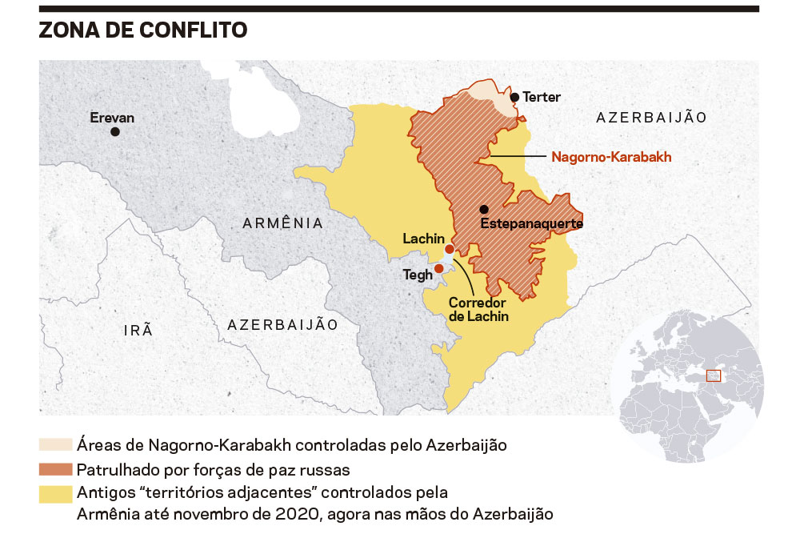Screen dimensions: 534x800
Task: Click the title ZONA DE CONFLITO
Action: pyautogui.click(x=143, y=30)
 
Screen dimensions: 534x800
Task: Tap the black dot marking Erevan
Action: pyautogui.click(x=116, y=131)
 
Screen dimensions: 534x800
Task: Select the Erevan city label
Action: pyautogui.click(x=112, y=117)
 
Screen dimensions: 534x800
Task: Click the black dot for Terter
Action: pyautogui.click(x=515, y=97)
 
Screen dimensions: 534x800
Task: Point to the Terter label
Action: pyautogui.click(x=542, y=97)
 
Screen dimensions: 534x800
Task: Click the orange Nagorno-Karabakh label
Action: pyautogui.click(x=611, y=157)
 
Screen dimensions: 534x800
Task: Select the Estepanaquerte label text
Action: pyautogui.click(x=531, y=224)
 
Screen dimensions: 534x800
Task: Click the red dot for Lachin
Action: pyautogui.click(x=450, y=250)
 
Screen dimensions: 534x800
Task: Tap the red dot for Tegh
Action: pyautogui.click(x=439, y=268)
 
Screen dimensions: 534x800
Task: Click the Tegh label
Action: pyautogui.click(x=417, y=275)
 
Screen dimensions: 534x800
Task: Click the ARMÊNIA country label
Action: pyautogui.click(x=283, y=223)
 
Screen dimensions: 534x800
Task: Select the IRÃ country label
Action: pyautogui.click(x=138, y=330)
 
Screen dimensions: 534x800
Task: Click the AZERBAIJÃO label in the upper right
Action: pyautogui.click(x=651, y=118)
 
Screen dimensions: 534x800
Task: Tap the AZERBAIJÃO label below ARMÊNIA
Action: pyautogui.click(x=283, y=324)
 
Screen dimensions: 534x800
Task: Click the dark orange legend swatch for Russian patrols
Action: pyautogui.click(x=55, y=468)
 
